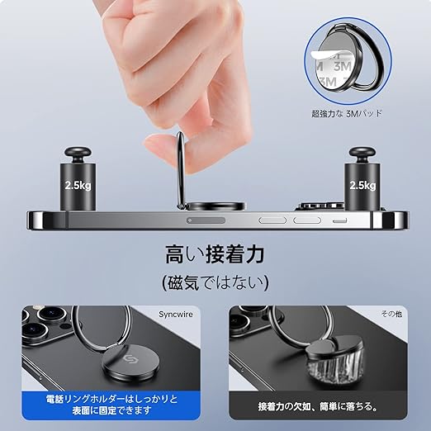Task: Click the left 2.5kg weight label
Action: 78,185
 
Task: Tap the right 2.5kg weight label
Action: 362,185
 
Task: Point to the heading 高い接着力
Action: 215,254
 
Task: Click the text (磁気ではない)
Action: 215,282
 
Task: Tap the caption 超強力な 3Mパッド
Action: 347,113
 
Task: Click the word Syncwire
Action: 176,315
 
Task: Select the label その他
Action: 391,314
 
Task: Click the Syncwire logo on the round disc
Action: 128,358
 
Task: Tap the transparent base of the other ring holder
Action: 334,368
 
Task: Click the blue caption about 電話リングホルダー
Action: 111,405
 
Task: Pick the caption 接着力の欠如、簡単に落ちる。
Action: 318,406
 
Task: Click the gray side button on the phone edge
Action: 206,220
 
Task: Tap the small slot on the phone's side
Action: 340,220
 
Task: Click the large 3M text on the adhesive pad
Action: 343,67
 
